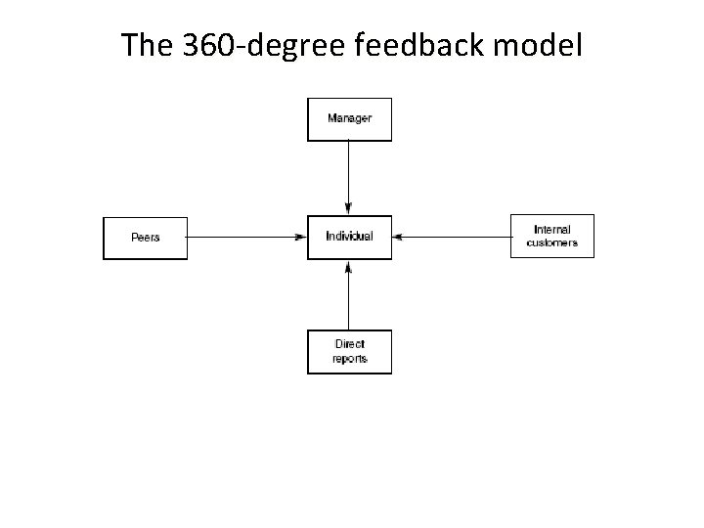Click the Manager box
click(349, 119)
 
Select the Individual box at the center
click(349, 237)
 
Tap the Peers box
click(145, 238)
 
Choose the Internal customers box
click(551, 236)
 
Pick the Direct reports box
click(349, 352)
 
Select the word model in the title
click(537, 45)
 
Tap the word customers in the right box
click(552, 242)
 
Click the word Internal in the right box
click(552, 230)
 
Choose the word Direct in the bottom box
click(349, 345)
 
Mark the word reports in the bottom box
click(349, 359)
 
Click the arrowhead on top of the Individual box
click(349, 209)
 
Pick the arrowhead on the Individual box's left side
click(301, 237)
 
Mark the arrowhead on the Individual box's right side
click(399, 236)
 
